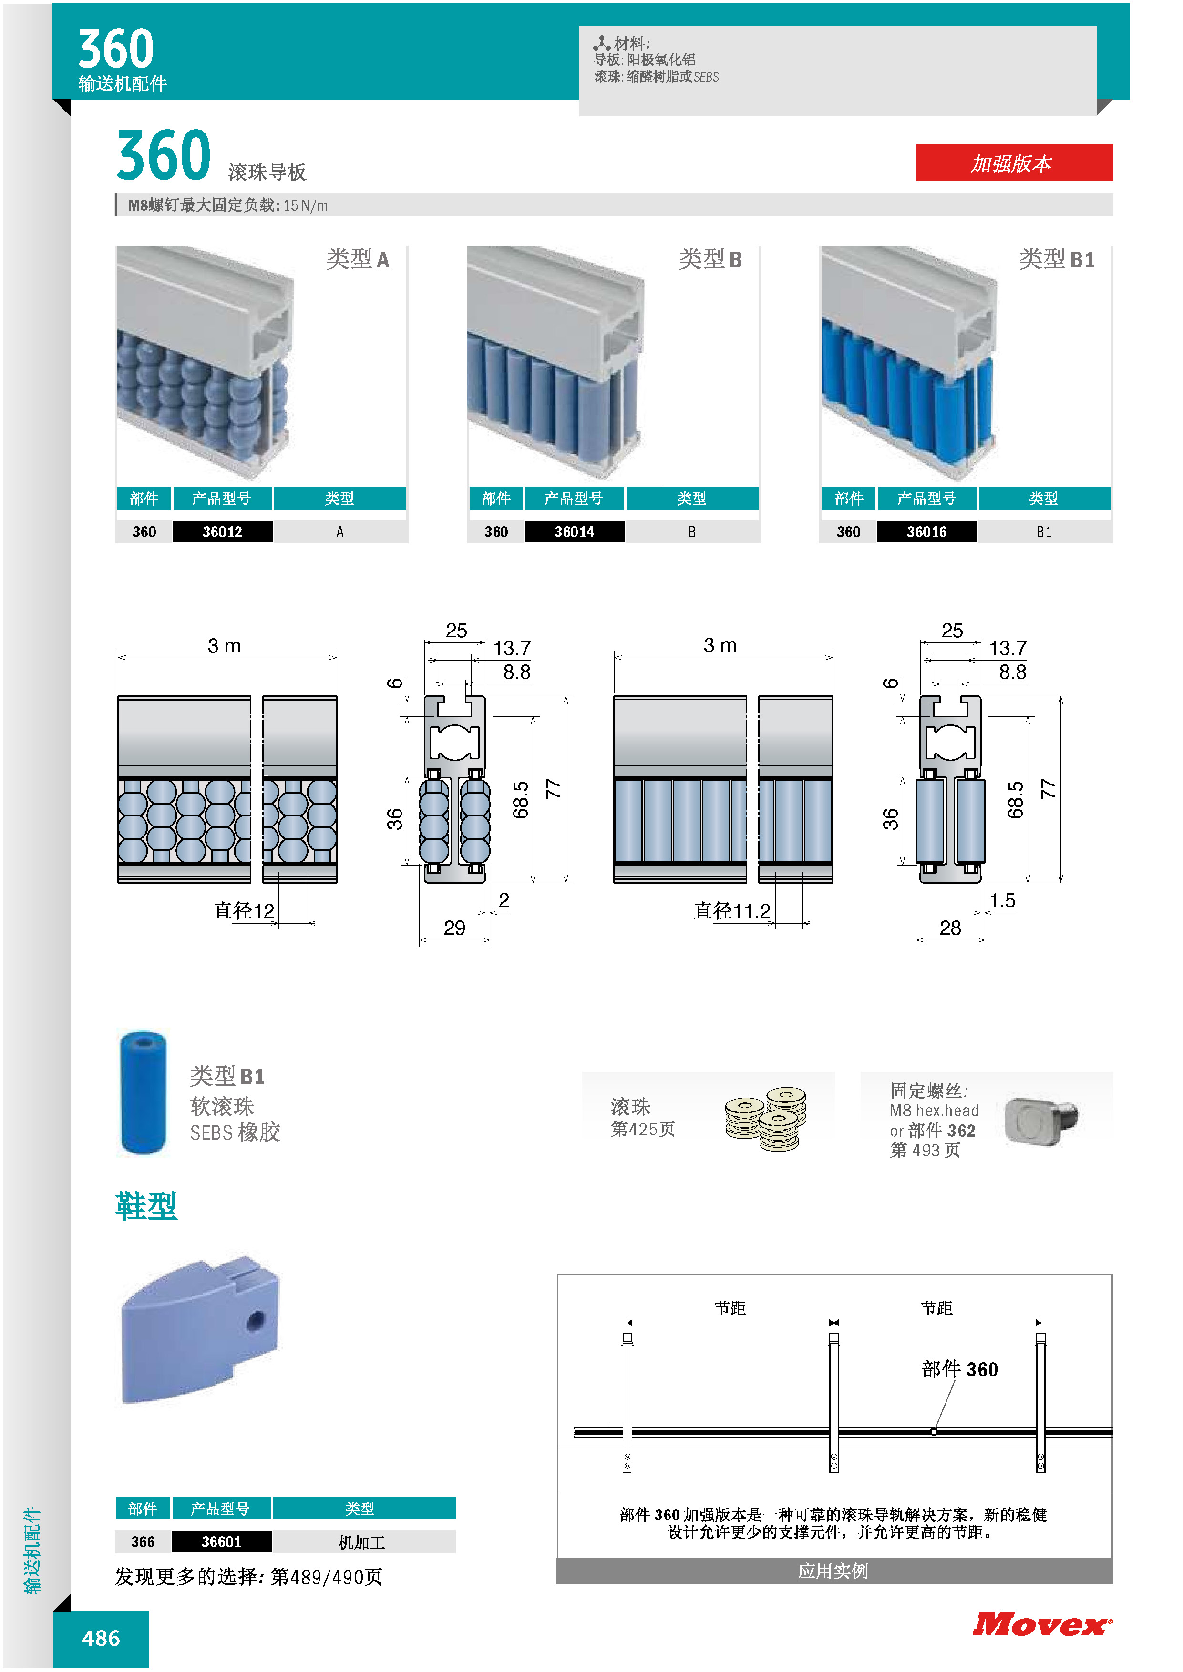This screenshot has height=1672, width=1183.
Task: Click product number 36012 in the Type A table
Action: pyautogui.click(x=222, y=531)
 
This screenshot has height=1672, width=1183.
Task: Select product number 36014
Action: pyautogui.click(x=574, y=531)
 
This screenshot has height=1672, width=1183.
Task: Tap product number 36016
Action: pyautogui.click(x=926, y=531)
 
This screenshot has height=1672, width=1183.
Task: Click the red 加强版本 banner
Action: pyautogui.click(x=1014, y=163)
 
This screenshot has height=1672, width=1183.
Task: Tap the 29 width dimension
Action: pyautogui.click(x=454, y=927)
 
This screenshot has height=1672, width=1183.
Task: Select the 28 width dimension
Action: pyautogui.click(x=950, y=927)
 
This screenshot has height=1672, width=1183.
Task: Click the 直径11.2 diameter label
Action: pyautogui.click(x=732, y=910)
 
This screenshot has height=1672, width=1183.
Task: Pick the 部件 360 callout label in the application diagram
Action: pyautogui.click(x=959, y=1369)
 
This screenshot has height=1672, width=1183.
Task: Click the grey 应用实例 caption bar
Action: pyautogui.click(x=834, y=1571)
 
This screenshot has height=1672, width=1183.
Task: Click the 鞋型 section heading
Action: pyautogui.click(x=146, y=1206)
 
